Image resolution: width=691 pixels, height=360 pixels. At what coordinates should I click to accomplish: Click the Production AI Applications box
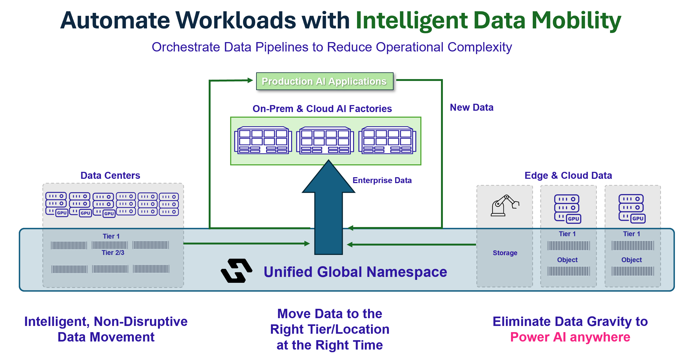pos(325,81)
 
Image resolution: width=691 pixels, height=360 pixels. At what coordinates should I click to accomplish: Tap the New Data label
pos(472,107)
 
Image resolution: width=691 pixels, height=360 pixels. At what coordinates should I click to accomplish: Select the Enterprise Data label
pos(382,180)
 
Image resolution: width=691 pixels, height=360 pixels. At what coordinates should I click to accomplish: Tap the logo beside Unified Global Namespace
pos(236,270)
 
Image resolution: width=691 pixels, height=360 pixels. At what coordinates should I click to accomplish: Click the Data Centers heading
pos(110,176)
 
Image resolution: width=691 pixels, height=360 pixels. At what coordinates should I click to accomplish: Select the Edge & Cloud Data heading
pos(568,176)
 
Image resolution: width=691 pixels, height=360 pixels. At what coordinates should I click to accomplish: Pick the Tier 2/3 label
pos(113,253)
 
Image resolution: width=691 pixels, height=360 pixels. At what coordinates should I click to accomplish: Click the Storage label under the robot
pos(505,253)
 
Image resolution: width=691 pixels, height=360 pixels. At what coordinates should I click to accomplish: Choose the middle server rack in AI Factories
pos(325,140)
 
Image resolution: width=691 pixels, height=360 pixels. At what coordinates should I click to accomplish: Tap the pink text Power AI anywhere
pos(570,337)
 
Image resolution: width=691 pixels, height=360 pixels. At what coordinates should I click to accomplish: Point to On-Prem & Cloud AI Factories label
pos(322,109)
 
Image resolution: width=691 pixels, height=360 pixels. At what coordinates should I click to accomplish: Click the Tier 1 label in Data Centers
pos(111,236)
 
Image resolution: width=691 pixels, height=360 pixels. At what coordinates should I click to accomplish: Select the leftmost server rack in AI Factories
pos(263,140)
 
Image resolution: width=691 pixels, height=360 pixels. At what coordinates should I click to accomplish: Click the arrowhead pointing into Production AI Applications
pos(250,80)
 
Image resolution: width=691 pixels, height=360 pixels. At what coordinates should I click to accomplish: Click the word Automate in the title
pos(115,20)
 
